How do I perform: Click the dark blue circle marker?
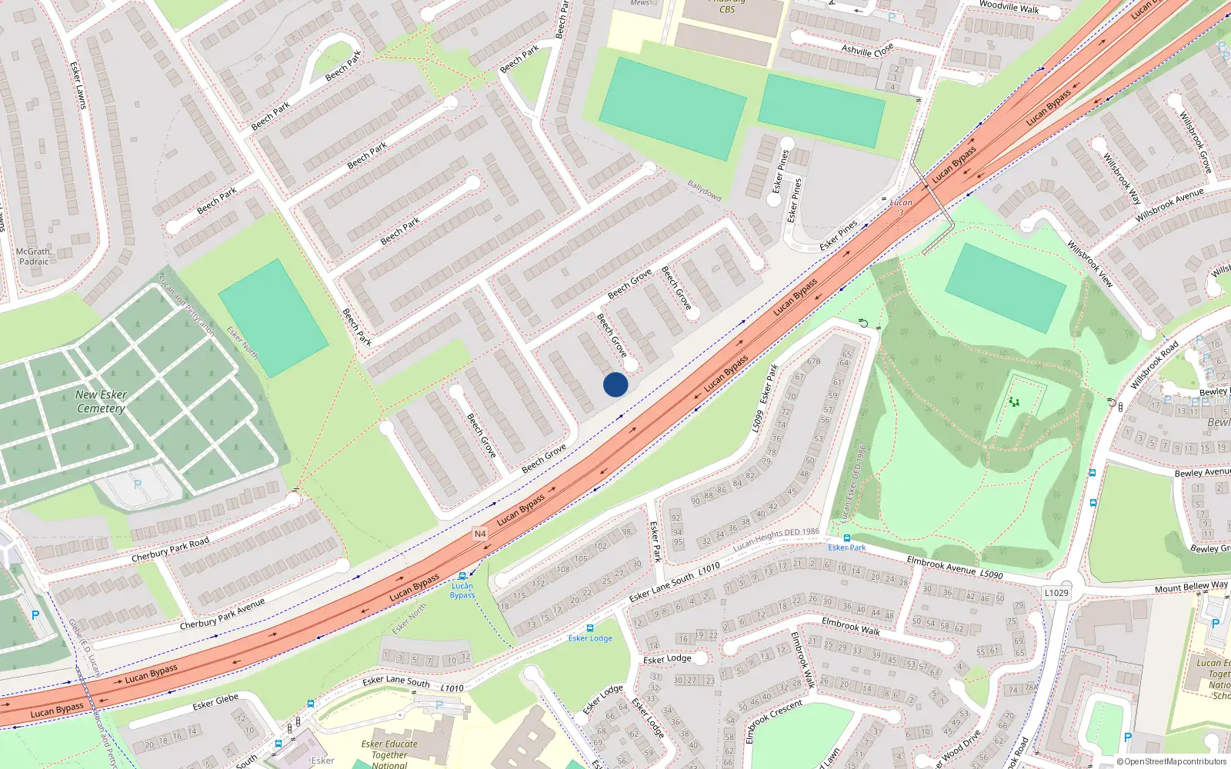coord(615,384)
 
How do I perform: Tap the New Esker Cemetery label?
coord(101,401)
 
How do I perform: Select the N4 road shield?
coord(480,533)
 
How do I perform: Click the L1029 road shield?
coord(1056,593)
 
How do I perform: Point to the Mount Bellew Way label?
coord(1191,588)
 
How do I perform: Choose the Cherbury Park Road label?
coord(170,550)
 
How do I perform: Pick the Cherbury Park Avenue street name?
coord(222,614)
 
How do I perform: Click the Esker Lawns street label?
coord(78,85)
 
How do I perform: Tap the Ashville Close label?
coord(867,50)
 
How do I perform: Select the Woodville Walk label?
coord(1009,7)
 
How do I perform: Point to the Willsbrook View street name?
coord(1090,263)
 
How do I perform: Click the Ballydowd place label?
coord(704,190)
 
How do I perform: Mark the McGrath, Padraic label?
coord(34,256)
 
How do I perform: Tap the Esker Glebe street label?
coord(215,703)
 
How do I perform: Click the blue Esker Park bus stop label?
coord(846,548)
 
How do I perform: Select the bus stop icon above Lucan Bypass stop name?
coord(462,576)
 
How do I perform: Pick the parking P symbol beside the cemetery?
coord(138,484)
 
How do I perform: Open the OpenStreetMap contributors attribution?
coord(1171,762)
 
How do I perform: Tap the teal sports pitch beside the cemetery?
coord(272,318)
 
